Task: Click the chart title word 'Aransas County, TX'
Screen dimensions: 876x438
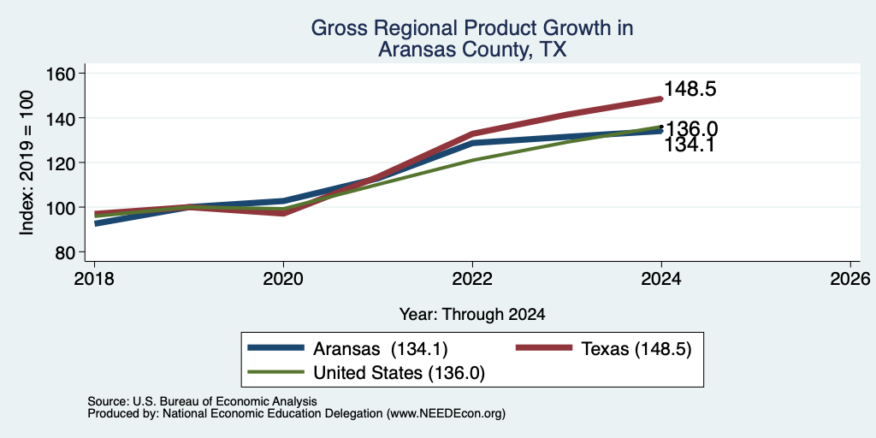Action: (472, 50)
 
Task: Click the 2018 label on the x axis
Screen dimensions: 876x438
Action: (94, 279)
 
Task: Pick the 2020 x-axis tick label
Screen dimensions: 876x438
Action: (284, 279)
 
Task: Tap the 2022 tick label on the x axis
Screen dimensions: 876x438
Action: (472, 279)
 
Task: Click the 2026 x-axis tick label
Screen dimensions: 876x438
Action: (850, 279)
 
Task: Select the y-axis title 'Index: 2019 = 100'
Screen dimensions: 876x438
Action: (27, 163)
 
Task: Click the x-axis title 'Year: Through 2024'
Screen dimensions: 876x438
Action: (472, 315)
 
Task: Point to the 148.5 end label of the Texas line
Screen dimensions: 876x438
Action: (690, 89)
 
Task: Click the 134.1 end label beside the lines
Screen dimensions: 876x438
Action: (690, 145)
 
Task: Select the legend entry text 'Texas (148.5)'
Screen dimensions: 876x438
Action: (636, 349)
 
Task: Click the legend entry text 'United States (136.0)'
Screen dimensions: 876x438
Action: (399, 373)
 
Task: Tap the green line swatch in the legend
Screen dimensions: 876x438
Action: (276, 372)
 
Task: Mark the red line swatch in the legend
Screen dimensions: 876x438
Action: (543, 348)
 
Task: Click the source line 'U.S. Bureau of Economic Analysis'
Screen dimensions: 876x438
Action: (225, 401)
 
